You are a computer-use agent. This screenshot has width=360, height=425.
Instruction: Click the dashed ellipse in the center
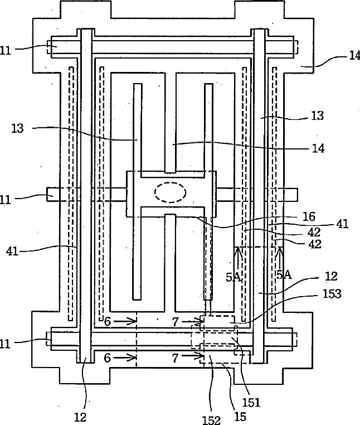(x=171, y=192)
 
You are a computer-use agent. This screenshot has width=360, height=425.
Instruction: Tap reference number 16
(x=309, y=216)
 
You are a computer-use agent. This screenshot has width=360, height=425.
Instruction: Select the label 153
(x=332, y=293)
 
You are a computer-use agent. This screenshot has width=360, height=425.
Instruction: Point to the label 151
(x=251, y=403)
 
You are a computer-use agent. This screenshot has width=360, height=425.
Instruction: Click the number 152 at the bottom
(x=212, y=420)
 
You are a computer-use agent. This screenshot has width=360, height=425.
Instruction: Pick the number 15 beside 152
(x=240, y=417)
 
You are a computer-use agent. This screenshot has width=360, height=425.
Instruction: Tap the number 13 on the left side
(x=17, y=128)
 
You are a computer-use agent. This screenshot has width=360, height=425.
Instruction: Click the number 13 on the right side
(x=318, y=116)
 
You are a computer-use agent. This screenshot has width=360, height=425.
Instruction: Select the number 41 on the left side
(x=12, y=251)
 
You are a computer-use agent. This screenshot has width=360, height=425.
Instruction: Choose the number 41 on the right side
(x=342, y=224)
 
